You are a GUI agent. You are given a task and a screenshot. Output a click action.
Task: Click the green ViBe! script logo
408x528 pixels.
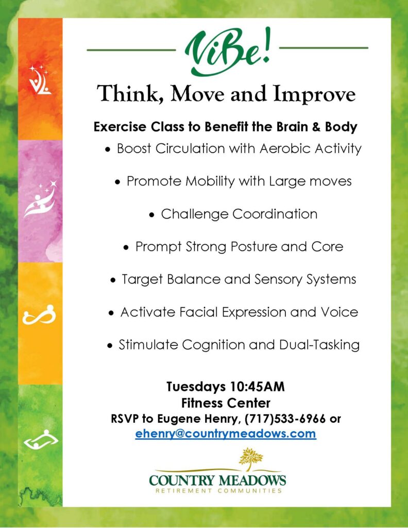click(x=227, y=52)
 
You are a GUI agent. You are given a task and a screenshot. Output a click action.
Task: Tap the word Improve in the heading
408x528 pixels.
click(x=314, y=94)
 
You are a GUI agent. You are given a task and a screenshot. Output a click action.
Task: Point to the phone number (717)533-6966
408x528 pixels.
click(x=285, y=419)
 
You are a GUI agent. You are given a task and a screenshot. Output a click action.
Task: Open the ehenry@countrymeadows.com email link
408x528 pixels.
click(x=226, y=434)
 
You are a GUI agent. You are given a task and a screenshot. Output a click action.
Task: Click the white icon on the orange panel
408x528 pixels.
click(x=40, y=80)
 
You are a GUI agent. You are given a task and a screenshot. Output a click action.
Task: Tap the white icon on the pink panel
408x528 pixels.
click(x=40, y=199)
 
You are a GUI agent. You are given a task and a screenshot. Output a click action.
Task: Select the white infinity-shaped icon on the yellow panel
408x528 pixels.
click(x=39, y=316)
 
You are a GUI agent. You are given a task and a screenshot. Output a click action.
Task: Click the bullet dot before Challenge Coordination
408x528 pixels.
click(x=152, y=215)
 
